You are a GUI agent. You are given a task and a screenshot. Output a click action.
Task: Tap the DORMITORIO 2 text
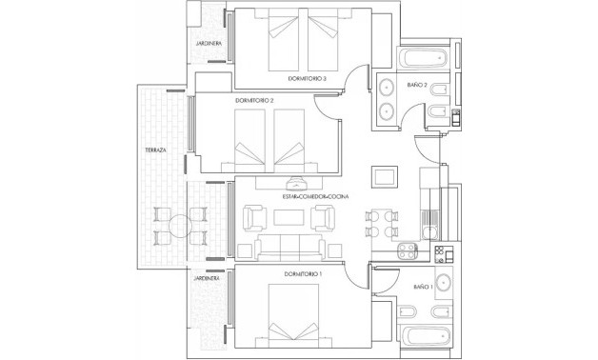click(x=254, y=100)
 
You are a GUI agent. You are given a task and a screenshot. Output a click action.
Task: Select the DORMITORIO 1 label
click(x=302, y=273)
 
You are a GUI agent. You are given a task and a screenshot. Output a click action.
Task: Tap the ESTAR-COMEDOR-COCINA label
click(x=309, y=196)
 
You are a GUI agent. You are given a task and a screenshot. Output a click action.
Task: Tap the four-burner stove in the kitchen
click(x=409, y=253)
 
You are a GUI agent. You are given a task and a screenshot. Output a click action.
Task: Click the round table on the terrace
click(x=178, y=226)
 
